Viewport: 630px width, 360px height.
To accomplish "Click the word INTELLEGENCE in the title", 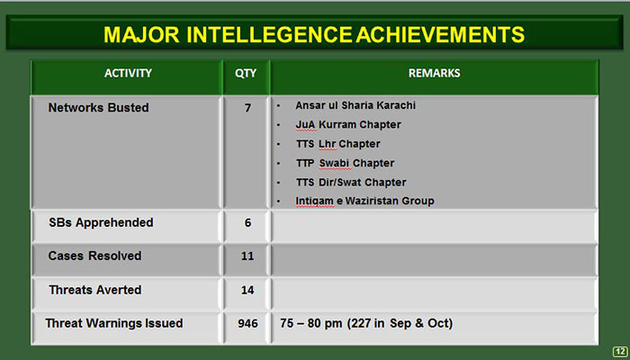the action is (x=269, y=34).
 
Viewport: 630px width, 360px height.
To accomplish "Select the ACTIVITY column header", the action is (x=128, y=73).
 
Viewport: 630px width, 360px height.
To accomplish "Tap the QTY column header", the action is (x=246, y=73).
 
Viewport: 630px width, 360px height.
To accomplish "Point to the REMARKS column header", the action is (x=435, y=73).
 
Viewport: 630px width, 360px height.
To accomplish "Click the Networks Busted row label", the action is (x=98, y=108).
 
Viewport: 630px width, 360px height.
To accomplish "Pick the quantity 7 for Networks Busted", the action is (x=247, y=108).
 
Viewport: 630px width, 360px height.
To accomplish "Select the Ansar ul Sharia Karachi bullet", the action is (x=355, y=105).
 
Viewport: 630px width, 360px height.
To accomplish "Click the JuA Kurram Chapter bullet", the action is (x=348, y=124).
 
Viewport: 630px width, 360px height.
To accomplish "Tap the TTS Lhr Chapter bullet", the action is (x=337, y=144).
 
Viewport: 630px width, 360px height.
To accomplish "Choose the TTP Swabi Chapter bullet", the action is (x=345, y=163).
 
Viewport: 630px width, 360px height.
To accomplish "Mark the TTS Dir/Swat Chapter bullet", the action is (x=351, y=183).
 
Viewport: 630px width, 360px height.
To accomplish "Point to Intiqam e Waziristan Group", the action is (x=364, y=201).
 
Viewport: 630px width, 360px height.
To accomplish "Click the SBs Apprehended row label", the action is (x=101, y=222).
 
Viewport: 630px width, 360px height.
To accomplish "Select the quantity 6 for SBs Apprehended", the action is (x=247, y=222).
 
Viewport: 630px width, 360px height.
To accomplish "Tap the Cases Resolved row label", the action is (x=94, y=256).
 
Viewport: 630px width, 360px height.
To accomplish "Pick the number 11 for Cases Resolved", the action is (x=247, y=256).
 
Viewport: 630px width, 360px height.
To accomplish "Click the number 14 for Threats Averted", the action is (x=247, y=290).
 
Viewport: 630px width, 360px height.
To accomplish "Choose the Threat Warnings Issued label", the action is (x=114, y=323).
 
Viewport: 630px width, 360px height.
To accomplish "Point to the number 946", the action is (x=247, y=323).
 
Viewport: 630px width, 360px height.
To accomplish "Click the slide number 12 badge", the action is (x=620, y=351).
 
